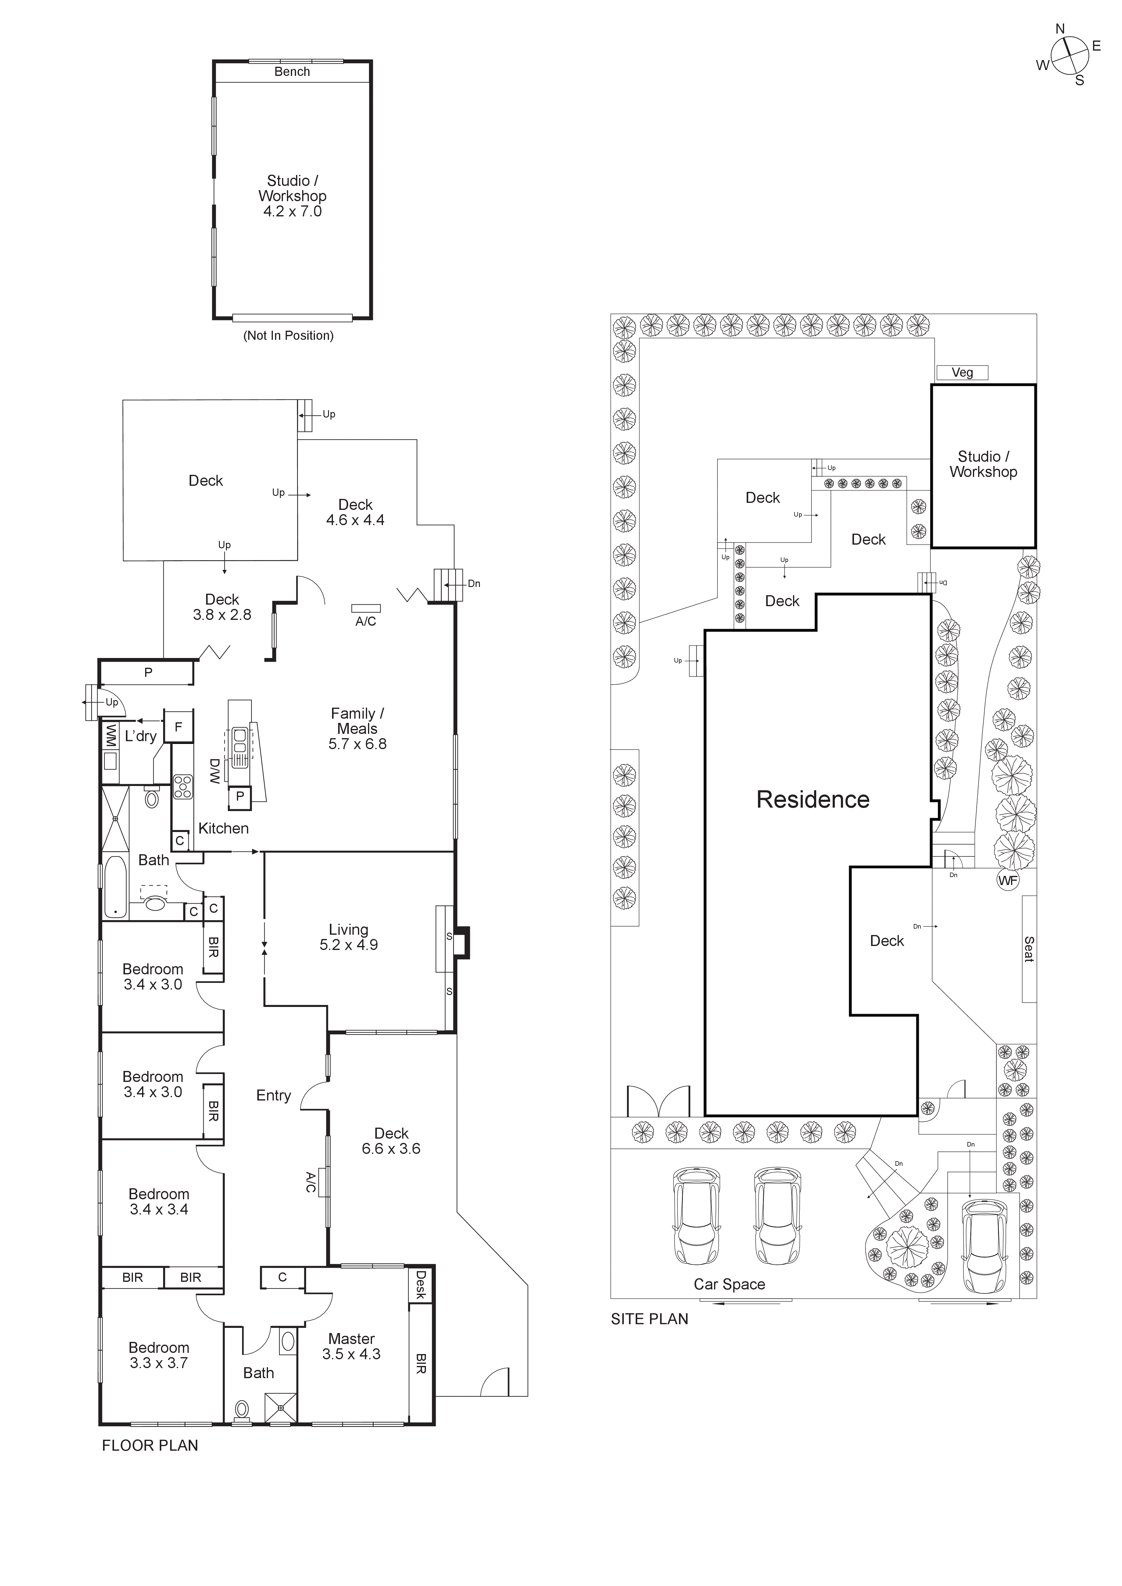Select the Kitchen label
coord(223,828)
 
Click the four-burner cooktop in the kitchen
coord(182,788)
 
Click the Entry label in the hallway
coord(273,1096)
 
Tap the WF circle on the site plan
coord(1008,881)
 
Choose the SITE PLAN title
coord(649,1319)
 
